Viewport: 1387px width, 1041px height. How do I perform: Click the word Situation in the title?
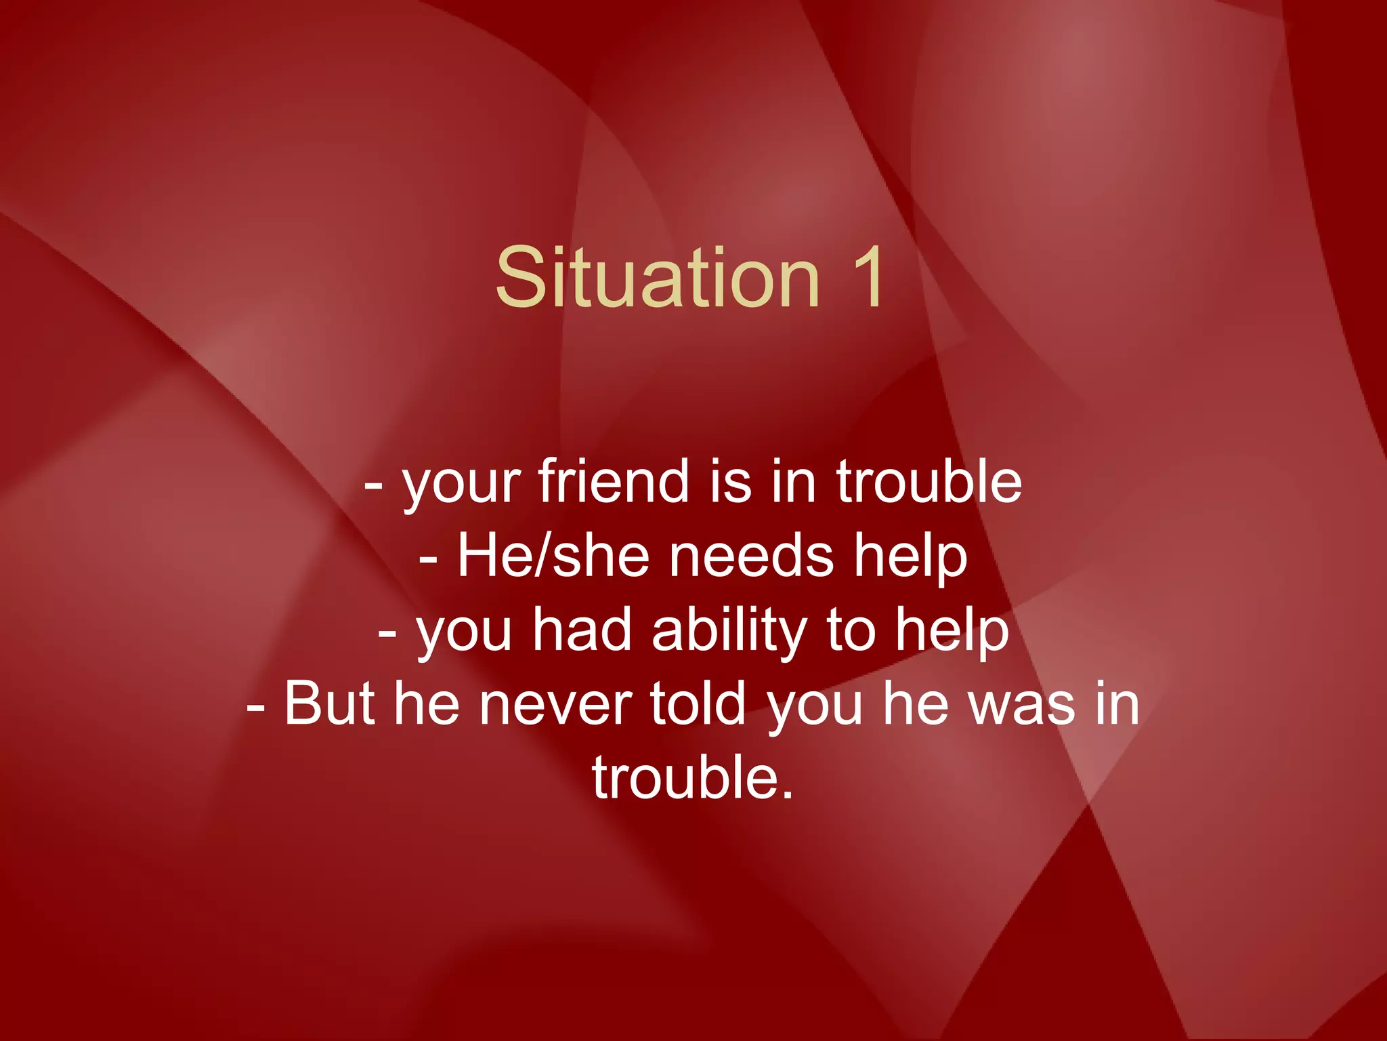pos(657,278)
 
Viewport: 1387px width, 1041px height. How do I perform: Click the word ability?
pos(729,632)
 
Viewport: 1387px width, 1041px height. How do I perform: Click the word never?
pos(555,705)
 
